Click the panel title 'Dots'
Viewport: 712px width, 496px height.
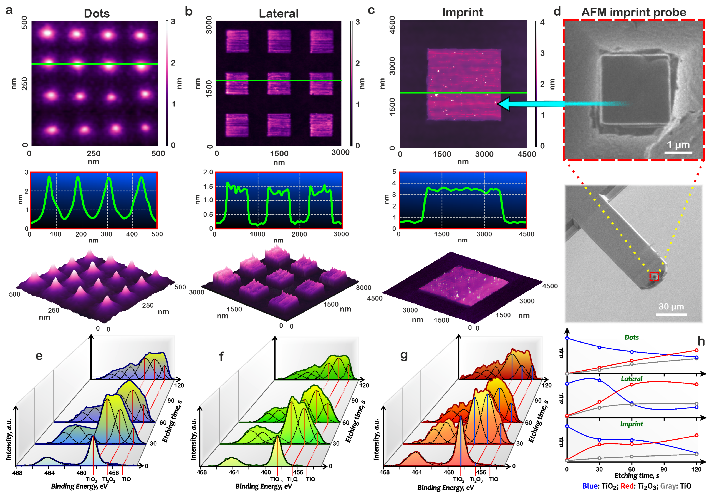tap(97, 13)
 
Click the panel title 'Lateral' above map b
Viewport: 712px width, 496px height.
tap(279, 13)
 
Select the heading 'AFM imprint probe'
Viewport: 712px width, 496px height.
tap(633, 12)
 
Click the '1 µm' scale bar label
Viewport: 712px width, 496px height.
tap(678, 145)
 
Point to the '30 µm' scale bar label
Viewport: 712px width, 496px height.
tap(671, 307)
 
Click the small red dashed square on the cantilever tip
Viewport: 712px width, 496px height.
tap(654, 276)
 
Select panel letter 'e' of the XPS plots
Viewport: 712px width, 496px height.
tap(39, 356)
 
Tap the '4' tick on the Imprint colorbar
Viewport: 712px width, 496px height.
tap(542, 22)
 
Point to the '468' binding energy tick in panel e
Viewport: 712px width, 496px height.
tap(17, 473)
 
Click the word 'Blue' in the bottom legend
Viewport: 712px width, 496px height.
tap(590, 486)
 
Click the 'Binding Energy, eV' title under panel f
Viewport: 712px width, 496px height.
tap(264, 486)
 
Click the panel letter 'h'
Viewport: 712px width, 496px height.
tap(701, 341)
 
